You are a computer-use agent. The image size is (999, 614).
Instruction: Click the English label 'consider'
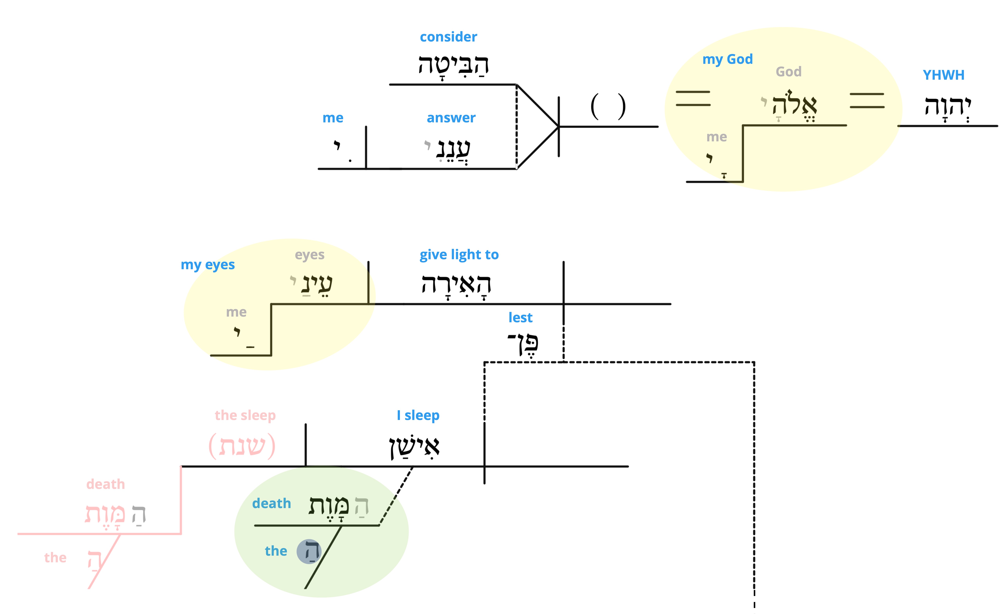[448, 37]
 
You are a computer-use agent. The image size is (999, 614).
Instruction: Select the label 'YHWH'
[943, 75]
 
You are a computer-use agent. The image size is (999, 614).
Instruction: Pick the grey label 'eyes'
[309, 255]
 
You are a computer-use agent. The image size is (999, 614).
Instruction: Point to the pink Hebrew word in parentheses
[242, 446]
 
